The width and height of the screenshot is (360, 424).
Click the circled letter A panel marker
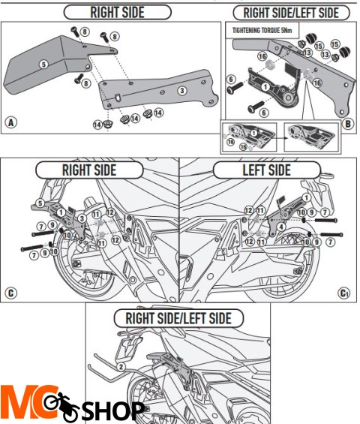click(x=10, y=123)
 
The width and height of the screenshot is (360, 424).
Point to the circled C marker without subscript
click(x=10, y=292)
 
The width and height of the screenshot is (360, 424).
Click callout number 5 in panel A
click(x=43, y=65)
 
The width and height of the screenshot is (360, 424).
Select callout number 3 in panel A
click(x=181, y=91)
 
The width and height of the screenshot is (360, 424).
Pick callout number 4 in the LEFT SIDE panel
click(x=279, y=226)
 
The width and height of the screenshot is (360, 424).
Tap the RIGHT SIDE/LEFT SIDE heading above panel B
click(x=291, y=13)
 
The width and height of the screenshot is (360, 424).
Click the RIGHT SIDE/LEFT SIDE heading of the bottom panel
click(x=178, y=318)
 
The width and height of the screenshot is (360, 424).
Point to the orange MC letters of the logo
click(x=22, y=405)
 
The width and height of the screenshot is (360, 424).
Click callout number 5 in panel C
click(x=40, y=203)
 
